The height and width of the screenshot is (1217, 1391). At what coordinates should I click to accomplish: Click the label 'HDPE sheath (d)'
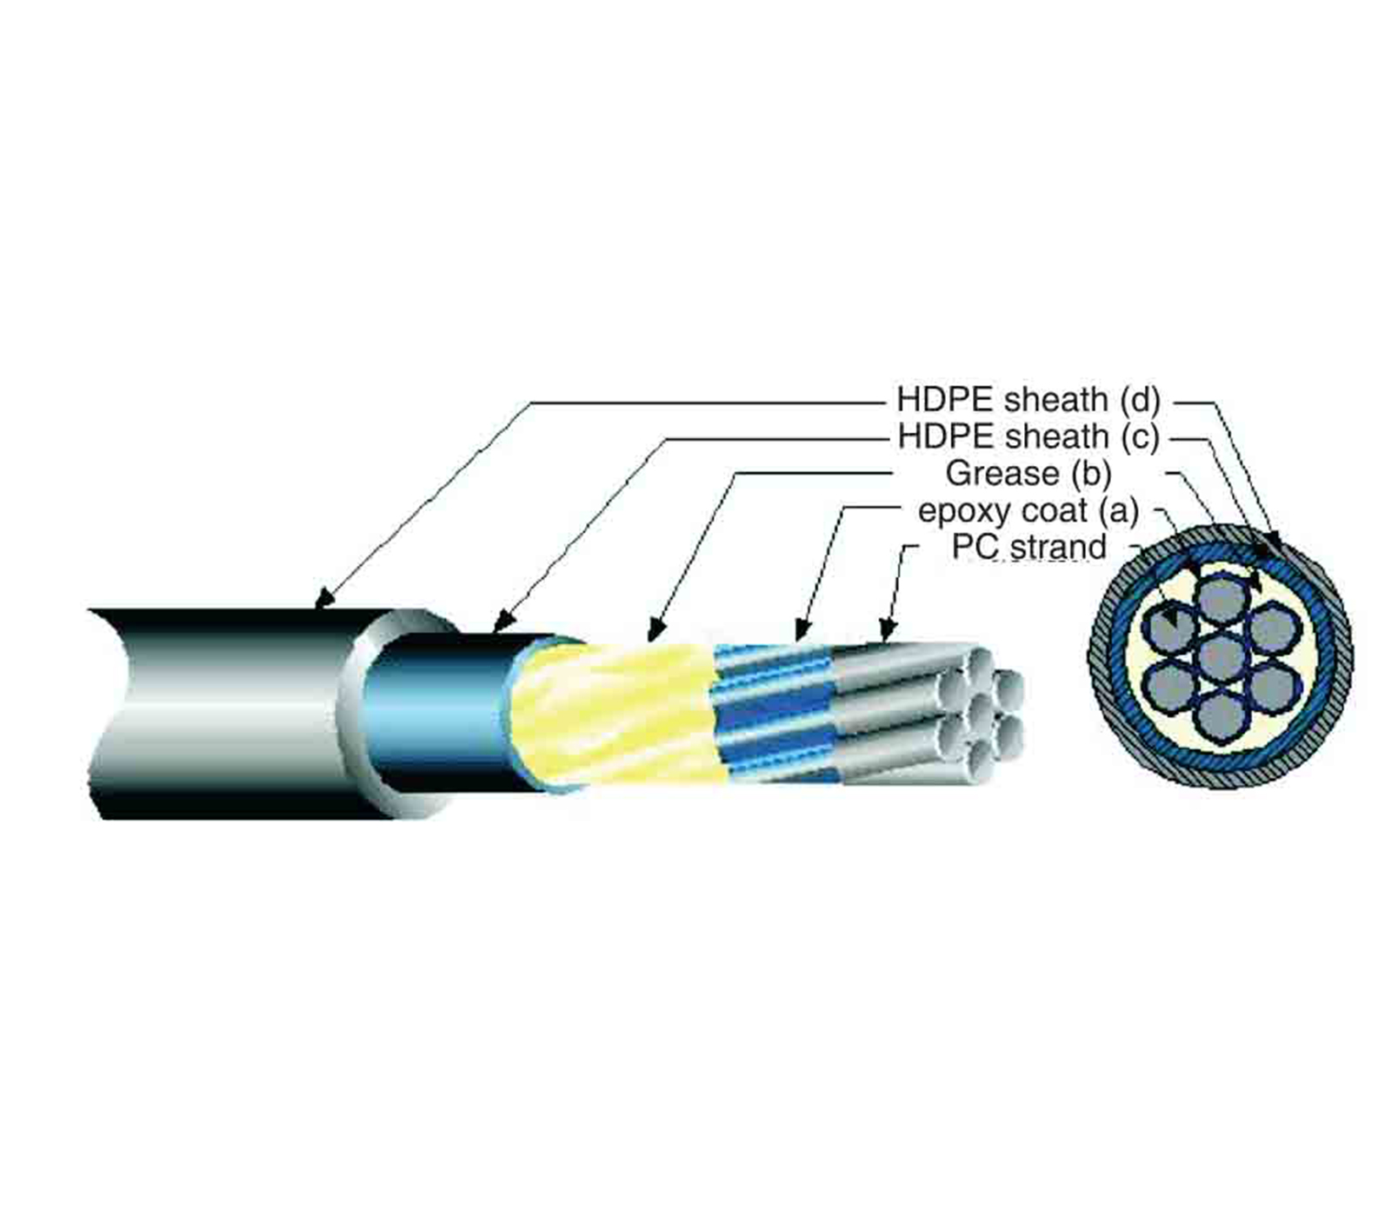(x=1028, y=400)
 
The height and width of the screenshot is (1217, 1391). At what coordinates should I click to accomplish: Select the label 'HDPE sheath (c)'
(x=1028, y=436)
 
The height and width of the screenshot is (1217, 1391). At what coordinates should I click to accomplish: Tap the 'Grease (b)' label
(x=1028, y=474)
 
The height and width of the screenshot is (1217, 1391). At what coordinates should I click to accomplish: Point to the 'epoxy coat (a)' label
(x=1028, y=511)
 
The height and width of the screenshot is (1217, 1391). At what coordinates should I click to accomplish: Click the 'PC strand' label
(x=1028, y=548)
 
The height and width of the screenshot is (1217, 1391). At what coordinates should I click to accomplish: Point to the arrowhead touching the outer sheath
(x=323, y=598)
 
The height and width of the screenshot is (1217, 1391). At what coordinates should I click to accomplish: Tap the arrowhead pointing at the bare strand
(x=887, y=630)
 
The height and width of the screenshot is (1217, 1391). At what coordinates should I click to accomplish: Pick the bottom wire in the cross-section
(x=1221, y=715)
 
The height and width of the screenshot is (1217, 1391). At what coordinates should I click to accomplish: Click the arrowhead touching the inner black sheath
(x=502, y=622)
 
